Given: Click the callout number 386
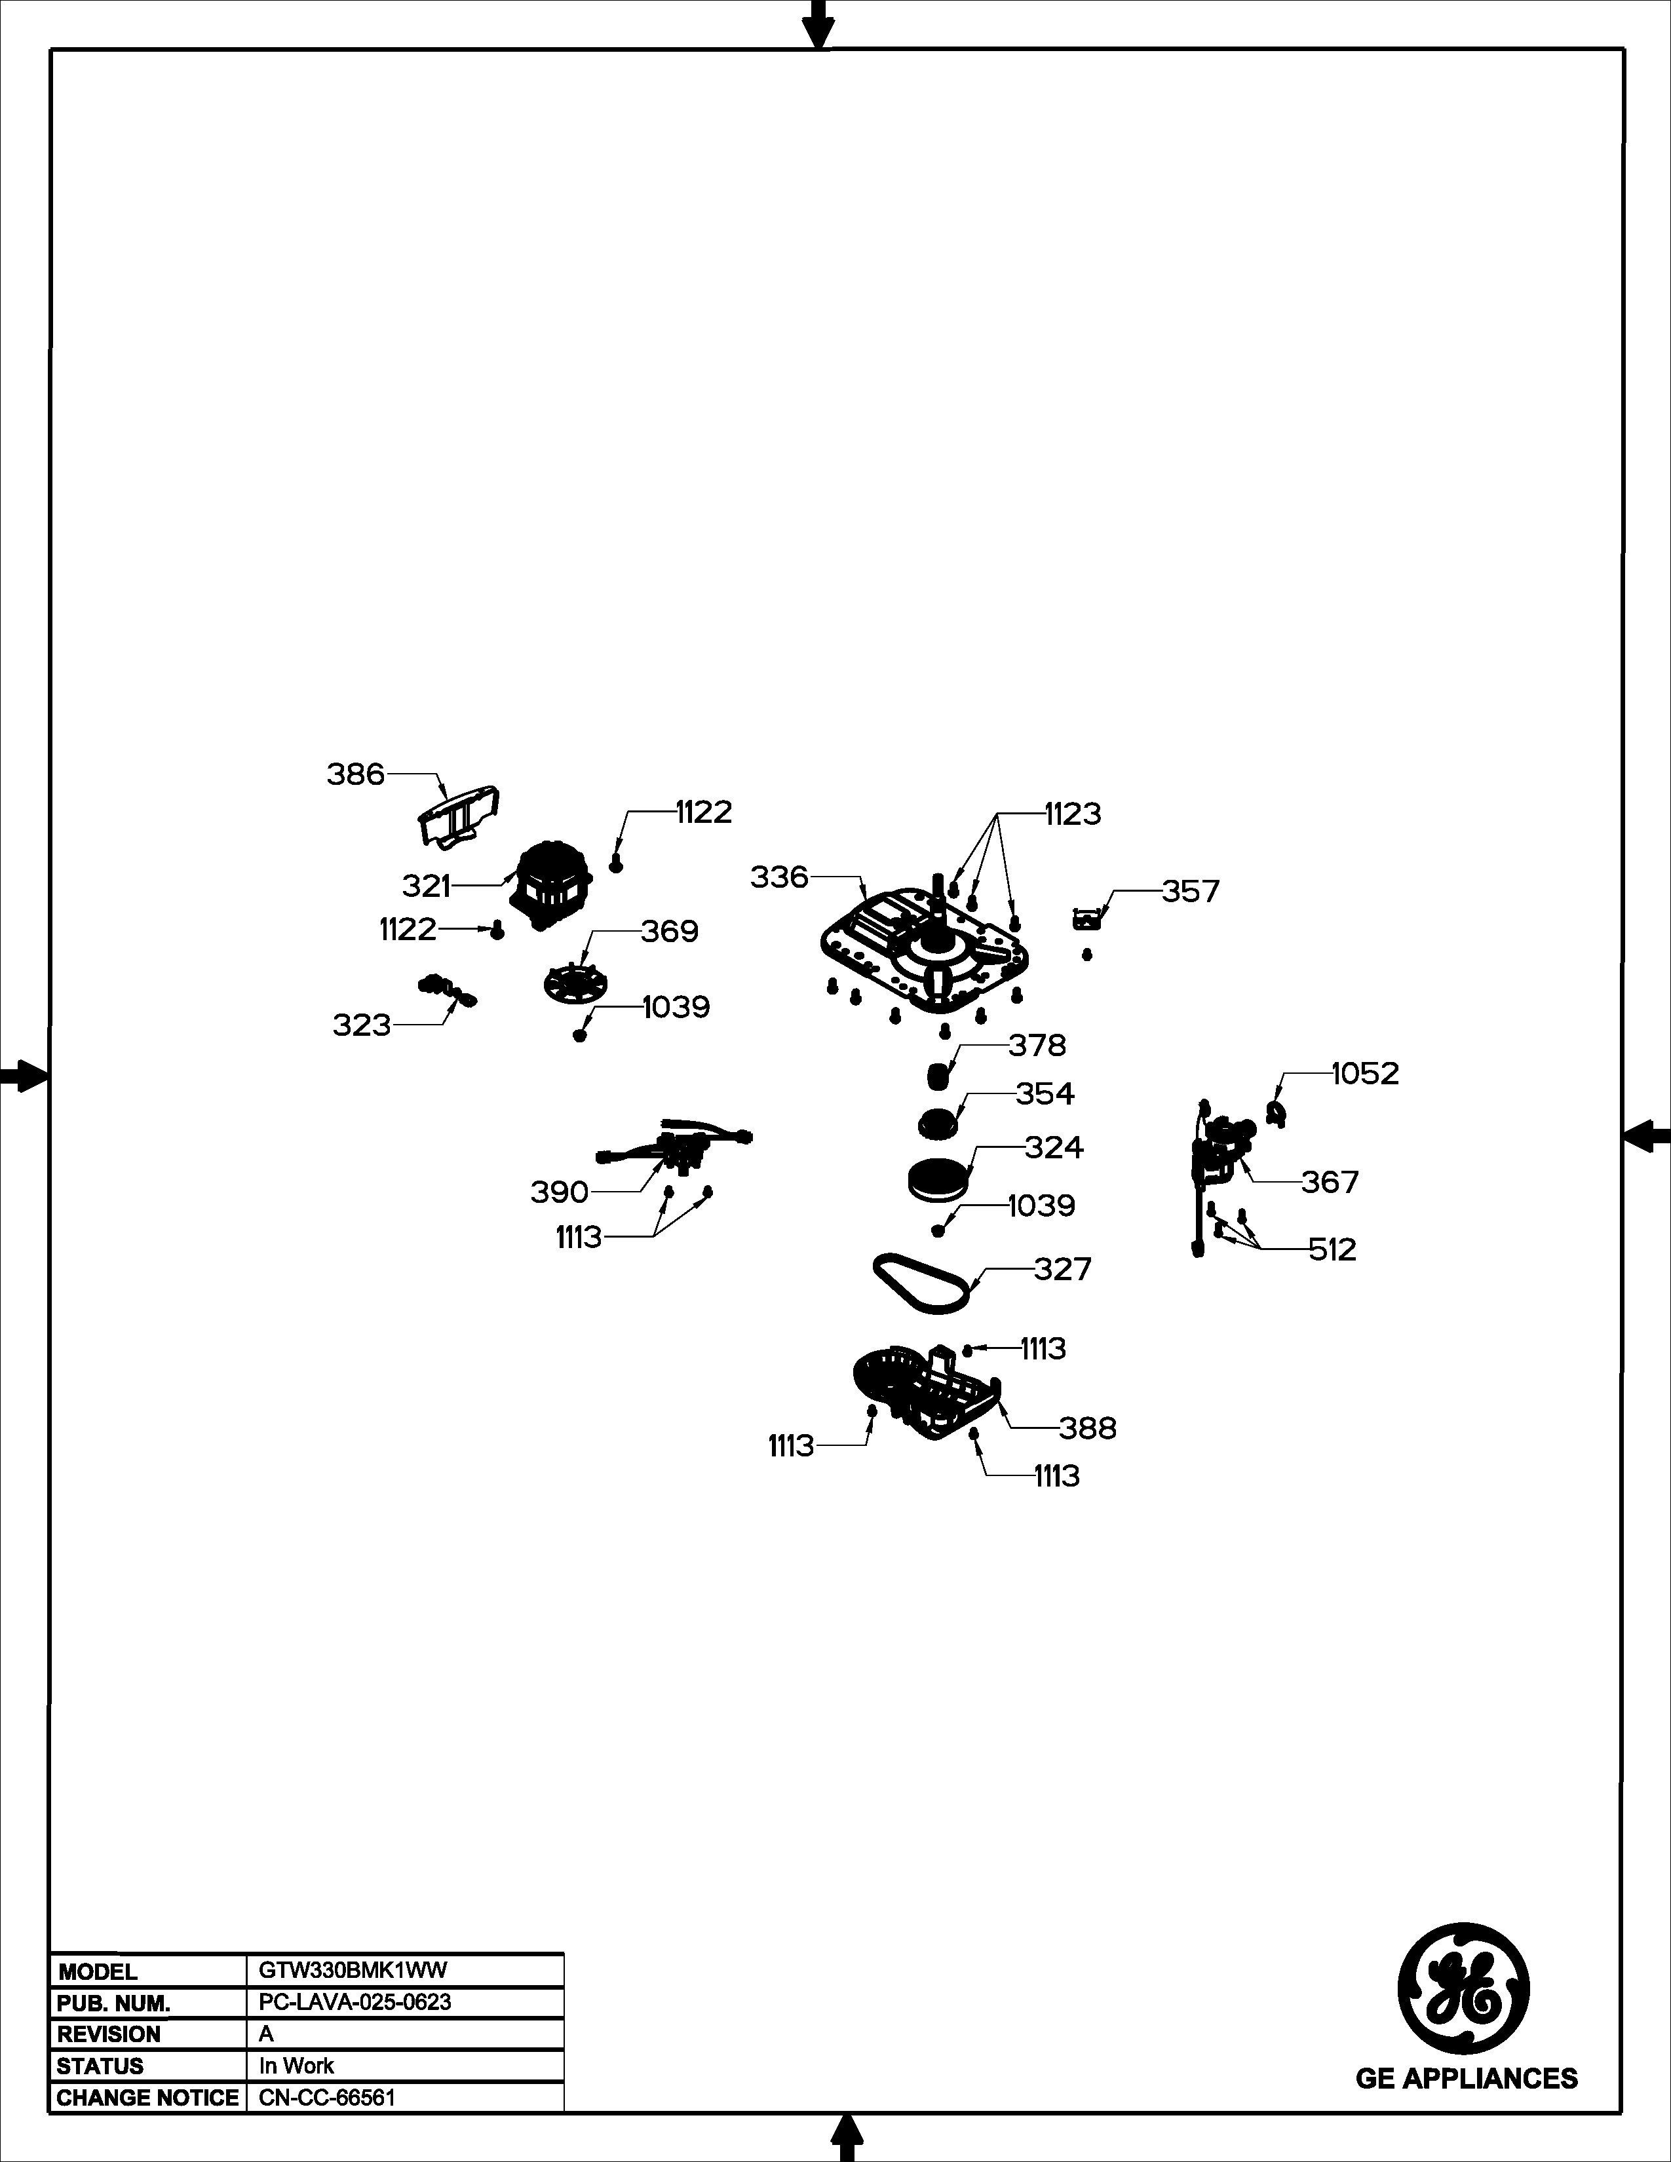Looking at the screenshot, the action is click(x=355, y=774).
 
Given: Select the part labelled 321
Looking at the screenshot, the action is click(x=551, y=884).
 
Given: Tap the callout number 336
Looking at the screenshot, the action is click(x=779, y=877).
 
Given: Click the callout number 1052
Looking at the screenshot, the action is click(x=1365, y=1073).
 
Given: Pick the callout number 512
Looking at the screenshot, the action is click(x=1332, y=1249).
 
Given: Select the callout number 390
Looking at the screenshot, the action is click(x=560, y=1192).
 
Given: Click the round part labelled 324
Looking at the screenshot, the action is click(x=936, y=1179).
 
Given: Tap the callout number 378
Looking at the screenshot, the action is click(x=1037, y=1046).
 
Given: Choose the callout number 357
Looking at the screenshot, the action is click(x=1191, y=891).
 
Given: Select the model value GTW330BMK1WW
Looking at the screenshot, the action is click(x=353, y=1970).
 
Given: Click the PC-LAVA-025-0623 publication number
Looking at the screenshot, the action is click(x=355, y=2001).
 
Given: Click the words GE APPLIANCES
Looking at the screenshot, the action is click(x=1466, y=2078).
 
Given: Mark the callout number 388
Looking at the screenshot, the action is click(x=1088, y=1428).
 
